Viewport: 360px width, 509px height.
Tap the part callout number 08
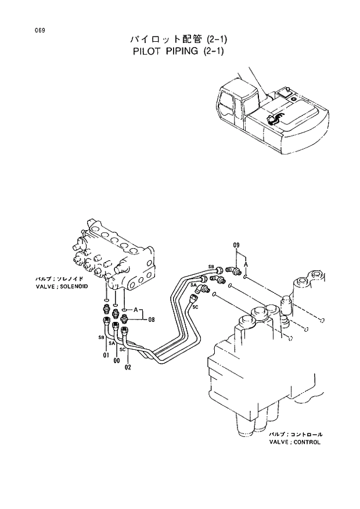click(151, 319)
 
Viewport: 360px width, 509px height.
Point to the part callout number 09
click(236, 246)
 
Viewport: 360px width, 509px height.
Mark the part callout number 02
click(128, 367)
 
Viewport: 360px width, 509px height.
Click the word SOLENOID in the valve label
click(73, 287)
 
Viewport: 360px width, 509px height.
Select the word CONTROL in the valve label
click(307, 442)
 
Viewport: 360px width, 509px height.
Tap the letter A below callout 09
click(247, 264)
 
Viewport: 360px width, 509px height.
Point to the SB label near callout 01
click(100, 337)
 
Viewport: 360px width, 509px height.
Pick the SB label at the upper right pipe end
click(211, 267)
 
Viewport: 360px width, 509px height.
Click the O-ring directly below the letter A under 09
click(247, 277)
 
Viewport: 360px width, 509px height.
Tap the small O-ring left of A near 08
click(126, 310)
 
